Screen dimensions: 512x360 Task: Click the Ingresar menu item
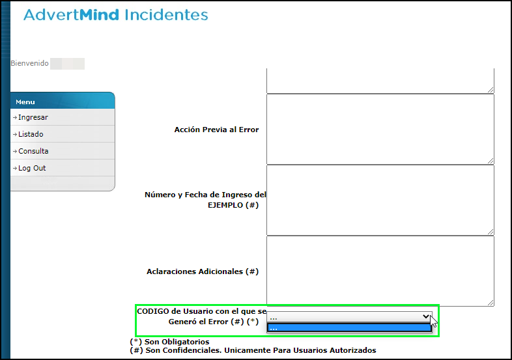click(33, 117)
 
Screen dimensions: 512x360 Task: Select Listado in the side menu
click(31, 134)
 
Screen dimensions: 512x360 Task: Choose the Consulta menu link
click(33, 151)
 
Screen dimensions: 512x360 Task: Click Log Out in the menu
click(32, 168)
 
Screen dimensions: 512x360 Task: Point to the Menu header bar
click(63, 102)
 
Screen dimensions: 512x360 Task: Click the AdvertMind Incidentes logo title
click(116, 15)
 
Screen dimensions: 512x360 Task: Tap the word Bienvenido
click(29, 64)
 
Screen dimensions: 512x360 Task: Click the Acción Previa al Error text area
click(380, 129)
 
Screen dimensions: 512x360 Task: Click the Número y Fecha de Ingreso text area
click(380, 200)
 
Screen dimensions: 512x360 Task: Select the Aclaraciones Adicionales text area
click(380, 271)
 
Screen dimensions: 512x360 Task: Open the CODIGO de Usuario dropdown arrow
click(426, 316)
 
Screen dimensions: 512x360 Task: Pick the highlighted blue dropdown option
click(349, 327)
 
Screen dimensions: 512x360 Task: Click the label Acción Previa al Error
click(216, 130)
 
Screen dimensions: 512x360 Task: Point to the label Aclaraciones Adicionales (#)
click(203, 271)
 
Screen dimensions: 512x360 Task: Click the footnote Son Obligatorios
click(177, 341)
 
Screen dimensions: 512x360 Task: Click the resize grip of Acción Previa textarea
click(491, 160)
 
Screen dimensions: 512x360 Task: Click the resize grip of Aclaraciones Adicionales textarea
click(491, 302)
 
